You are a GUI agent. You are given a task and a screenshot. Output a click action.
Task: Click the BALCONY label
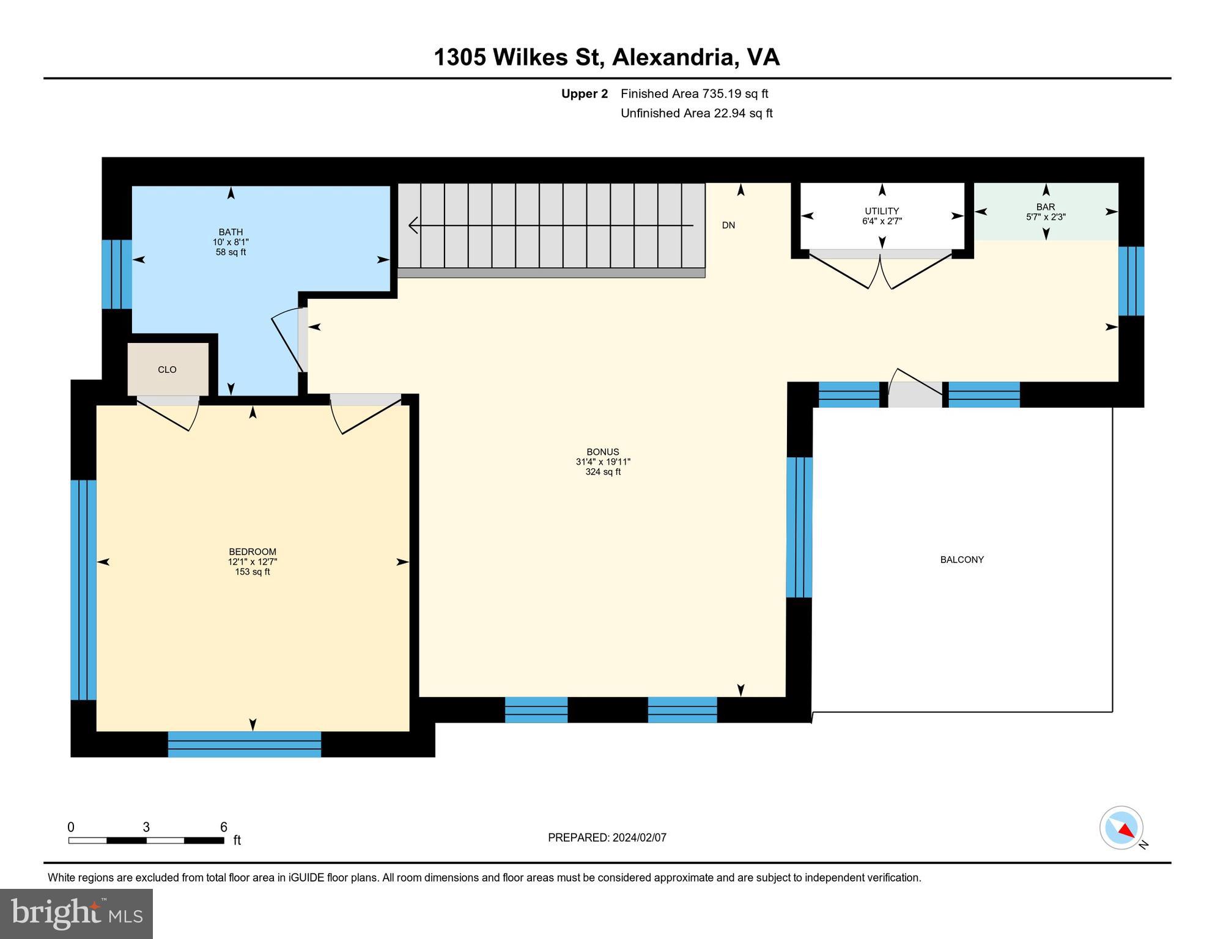coord(962,559)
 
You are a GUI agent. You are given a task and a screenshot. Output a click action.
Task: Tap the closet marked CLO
coord(168,369)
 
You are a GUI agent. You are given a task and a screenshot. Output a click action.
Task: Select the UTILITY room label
coord(882,211)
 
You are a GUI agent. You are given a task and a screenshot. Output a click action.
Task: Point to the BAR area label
coord(1046,207)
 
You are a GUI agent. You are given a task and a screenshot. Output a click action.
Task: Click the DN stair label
coord(728,225)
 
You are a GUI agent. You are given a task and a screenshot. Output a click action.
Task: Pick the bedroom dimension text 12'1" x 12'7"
coord(253,562)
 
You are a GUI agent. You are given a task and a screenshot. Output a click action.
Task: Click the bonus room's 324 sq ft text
coord(603,472)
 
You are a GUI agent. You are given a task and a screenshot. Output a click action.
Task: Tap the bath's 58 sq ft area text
coord(231,252)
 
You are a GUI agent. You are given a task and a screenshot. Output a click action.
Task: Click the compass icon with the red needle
coord(1122,828)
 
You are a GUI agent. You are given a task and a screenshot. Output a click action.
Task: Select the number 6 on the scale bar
coord(224,827)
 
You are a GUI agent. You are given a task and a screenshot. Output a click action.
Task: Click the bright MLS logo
coord(76,913)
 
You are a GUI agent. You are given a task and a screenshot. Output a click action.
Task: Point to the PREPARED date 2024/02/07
coord(640,838)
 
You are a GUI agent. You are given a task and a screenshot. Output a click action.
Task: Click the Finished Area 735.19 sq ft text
coord(694,94)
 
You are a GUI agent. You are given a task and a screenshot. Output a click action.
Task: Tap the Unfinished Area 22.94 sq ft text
coord(696,113)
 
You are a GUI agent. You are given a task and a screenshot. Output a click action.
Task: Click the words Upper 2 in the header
coord(585,94)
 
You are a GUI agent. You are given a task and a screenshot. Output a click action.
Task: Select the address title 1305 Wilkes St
coord(519,57)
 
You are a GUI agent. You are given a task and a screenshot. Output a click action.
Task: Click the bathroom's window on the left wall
coord(117,274)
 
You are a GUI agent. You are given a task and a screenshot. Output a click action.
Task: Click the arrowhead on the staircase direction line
coord(413,226)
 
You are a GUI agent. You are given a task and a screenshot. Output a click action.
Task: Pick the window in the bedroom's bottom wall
coord(245,744)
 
